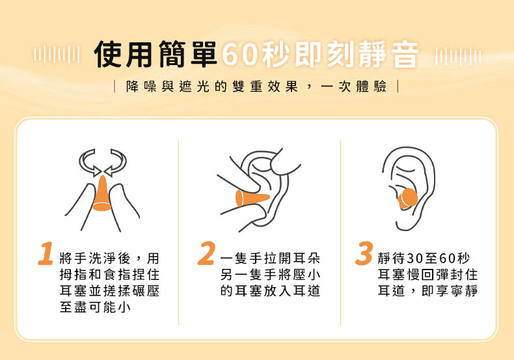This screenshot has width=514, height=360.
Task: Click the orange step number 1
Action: click(46, 253)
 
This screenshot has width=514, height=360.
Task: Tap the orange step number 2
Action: click(206, 253)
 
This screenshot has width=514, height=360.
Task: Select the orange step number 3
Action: click(364, 253)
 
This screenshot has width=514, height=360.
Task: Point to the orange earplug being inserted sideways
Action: click(252, 199)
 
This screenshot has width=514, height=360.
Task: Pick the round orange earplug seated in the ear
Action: click(407, 199)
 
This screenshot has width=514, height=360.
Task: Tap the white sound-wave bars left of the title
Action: click(57, 55)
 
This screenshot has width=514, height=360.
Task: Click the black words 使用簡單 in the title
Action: click(156, 55)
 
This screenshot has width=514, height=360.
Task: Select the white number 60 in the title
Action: click(239, 55)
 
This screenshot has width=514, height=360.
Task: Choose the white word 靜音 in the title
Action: click(388, 55)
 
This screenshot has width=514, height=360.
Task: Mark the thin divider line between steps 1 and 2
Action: click(179, 232)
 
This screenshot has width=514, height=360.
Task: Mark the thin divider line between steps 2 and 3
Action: click(340, 232)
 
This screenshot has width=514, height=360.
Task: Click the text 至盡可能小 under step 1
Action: click(95, 307)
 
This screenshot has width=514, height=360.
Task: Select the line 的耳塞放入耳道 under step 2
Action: click(270, 290)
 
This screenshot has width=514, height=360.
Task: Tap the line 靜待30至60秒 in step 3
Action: click(424, 258)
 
